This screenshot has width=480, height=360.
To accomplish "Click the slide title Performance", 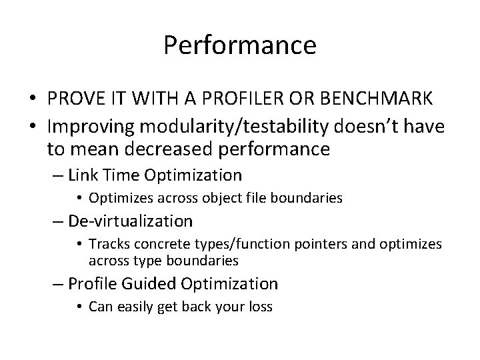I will pyautogui.click(x=240, y=45).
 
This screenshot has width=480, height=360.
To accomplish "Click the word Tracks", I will pyautogui.click(x=107, y=244).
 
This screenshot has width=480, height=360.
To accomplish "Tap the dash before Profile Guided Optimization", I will pyautogui.click(x=58, y=283).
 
